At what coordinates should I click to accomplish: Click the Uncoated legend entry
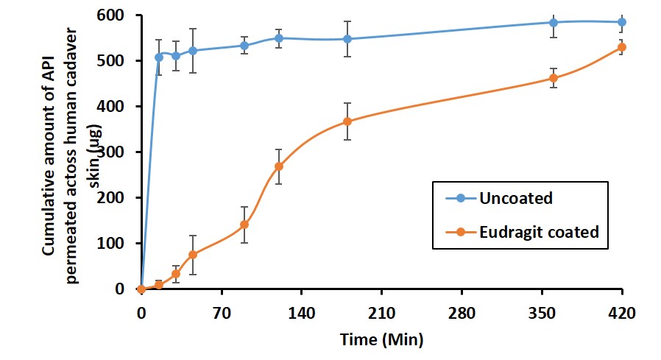[515, 198]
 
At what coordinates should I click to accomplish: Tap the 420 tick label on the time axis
[622, 311]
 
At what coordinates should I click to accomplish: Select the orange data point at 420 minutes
[622, 47]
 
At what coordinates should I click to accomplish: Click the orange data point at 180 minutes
[347, 121]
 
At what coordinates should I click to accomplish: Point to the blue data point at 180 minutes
[347, 39]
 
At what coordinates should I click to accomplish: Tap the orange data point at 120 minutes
[278, 166]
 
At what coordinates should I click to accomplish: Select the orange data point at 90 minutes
[244, 225]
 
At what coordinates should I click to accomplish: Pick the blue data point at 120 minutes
[278, 38]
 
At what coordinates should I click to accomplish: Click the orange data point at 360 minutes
[554, 78]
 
